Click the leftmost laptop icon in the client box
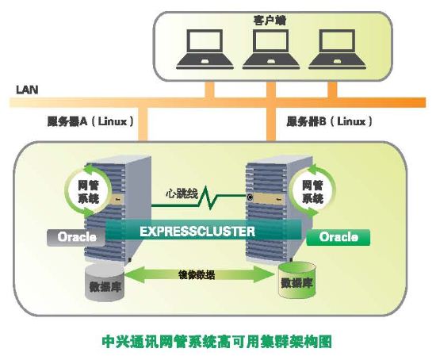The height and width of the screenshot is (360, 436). (205, 49)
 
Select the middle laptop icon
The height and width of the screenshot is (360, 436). (271, 49)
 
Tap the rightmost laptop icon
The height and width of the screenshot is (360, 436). (337, 49)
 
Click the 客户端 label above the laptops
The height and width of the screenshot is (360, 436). (270, 21)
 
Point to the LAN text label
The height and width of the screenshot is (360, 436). (27, 90)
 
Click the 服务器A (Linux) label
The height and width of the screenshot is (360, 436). (90, 121)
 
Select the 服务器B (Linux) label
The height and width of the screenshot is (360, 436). (329, 121)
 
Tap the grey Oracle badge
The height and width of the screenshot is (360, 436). (76, 237)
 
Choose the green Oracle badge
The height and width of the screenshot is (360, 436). (338, 237)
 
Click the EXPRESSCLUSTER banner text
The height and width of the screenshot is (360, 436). (197, 232)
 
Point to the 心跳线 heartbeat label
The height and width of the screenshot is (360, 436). (182, 193)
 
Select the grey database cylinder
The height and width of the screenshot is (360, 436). (105, 282)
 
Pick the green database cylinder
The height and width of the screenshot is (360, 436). (297, 280)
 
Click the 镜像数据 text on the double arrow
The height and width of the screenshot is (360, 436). (197, 275)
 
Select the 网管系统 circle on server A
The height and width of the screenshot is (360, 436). (89, 190)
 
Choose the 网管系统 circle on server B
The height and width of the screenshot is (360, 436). (312, 190)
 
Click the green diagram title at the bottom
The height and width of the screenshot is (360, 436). (217, 341)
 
